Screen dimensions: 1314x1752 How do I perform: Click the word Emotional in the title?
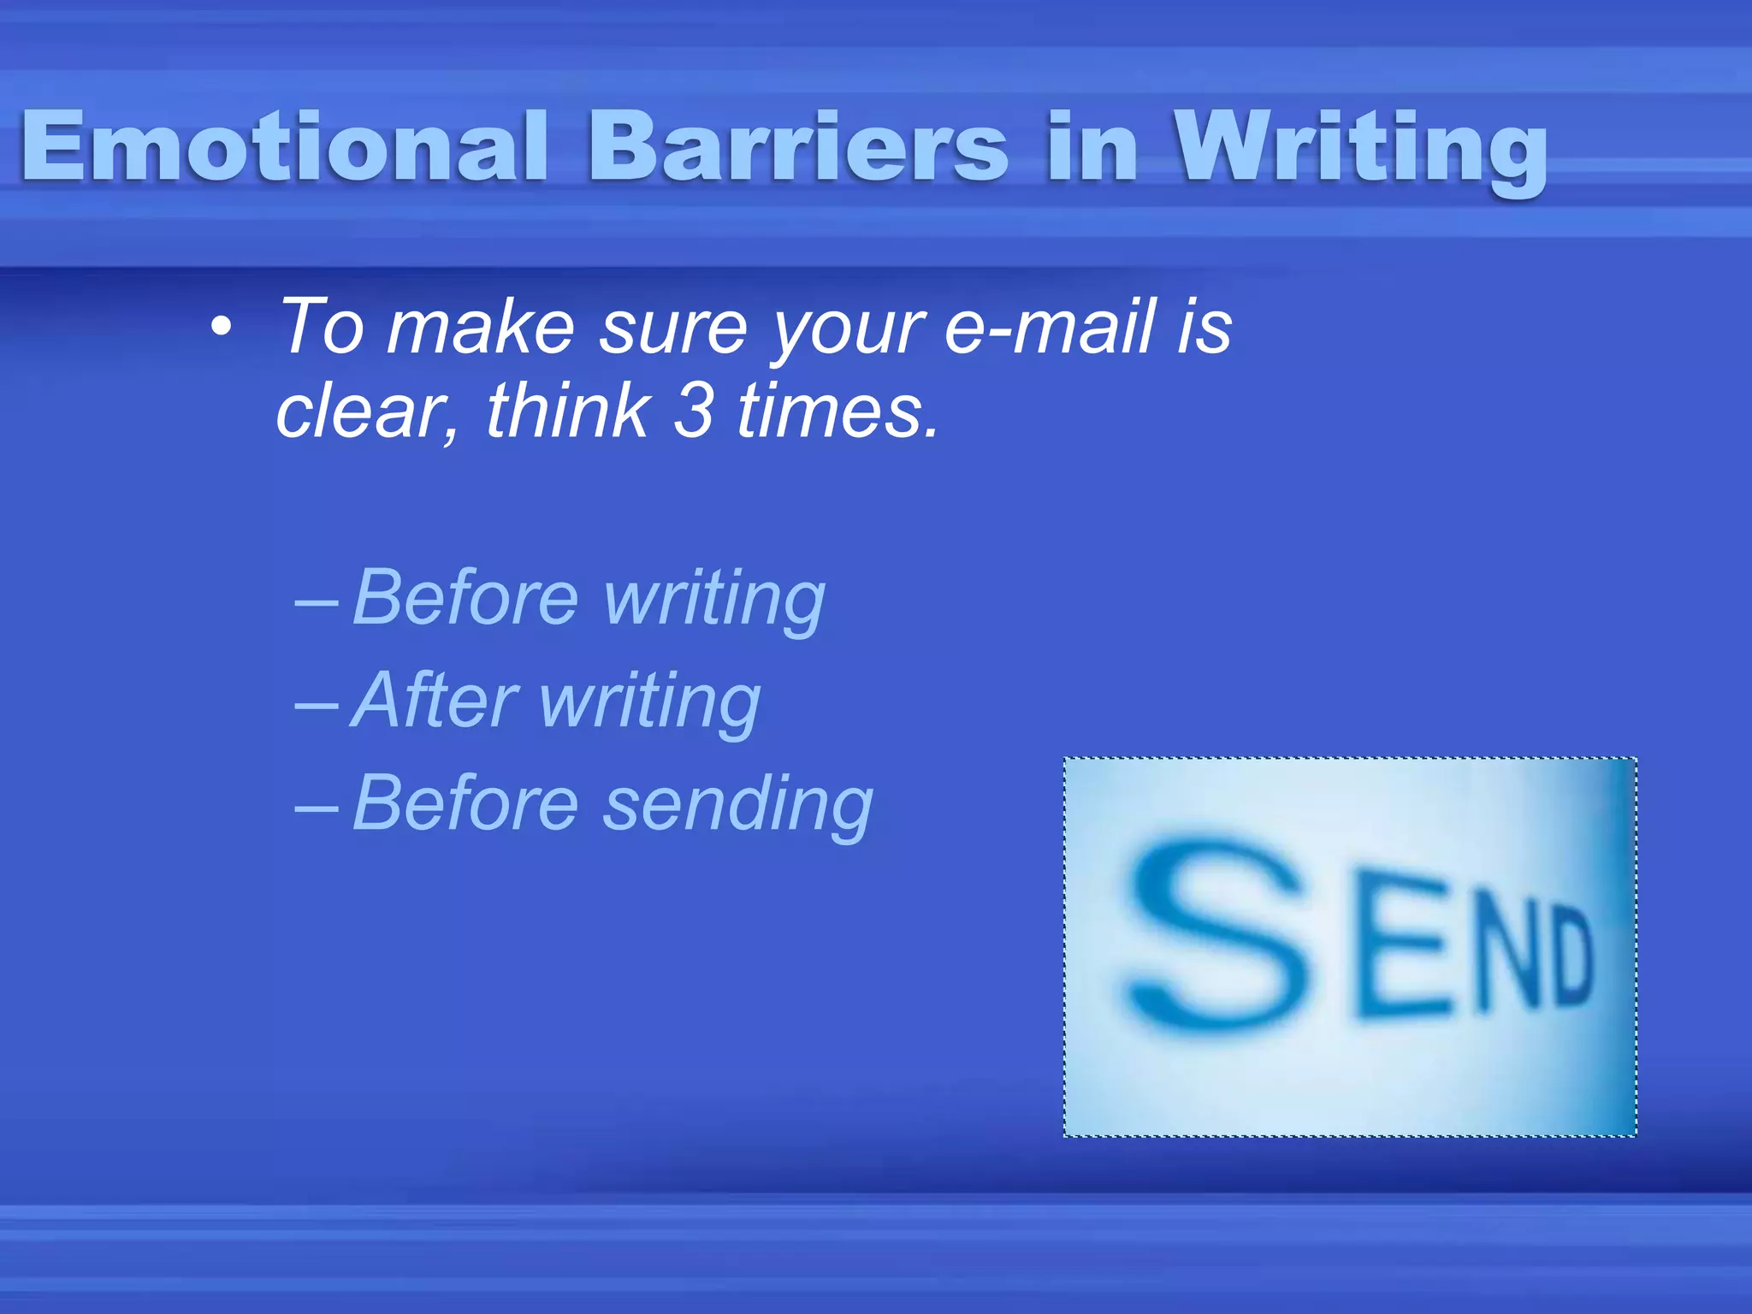pos(282,147)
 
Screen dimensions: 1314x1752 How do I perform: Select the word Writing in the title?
pos(1360,147)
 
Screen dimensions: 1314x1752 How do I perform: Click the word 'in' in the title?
pos(1092,147)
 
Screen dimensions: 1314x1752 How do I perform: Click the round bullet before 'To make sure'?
pos(222,328)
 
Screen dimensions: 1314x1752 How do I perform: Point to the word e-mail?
pos(1049,328)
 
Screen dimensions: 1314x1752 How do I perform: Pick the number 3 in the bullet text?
pos(693,411)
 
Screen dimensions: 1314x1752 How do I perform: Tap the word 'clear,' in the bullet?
pos(367,413)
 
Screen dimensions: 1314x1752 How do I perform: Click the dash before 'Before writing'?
pos(316,602)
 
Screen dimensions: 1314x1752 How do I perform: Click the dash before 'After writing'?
pos(316,705)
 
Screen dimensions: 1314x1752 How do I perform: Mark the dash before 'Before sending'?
pos(316,808)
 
